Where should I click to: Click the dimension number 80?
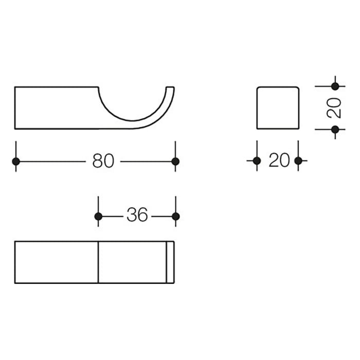click(x=103, y=161)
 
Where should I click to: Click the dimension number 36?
click(x=137, y=216)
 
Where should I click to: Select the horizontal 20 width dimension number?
click(x=279, y=161)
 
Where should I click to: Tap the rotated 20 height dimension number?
click(x=334, y=108)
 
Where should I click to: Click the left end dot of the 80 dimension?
click(x=15, y=161)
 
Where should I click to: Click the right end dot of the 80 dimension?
click(x=175, y=161)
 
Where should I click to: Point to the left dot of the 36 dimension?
click(x=98, y=216)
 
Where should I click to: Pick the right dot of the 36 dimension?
click(x=175, y=216)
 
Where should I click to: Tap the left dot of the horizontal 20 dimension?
click(x=257, y=161)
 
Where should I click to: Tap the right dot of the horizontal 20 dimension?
click(x=299, y=161)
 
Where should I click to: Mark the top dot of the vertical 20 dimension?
click(x=335, y=86)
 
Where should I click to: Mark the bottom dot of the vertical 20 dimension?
click(x=335, y=129)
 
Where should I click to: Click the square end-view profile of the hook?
click(x=278, y=107)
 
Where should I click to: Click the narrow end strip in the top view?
click(x=170, y=262)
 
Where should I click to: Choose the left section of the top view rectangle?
click(x=57, y=262)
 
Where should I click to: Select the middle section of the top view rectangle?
click(x=132, y=262)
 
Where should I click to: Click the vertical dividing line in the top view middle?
click(x=98, y=262)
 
